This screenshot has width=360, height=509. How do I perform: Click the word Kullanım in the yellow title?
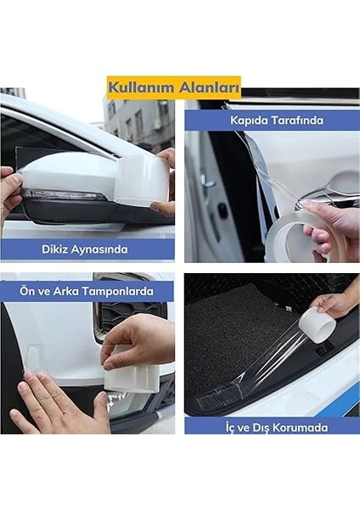pyautogui.click(x=141, y=87)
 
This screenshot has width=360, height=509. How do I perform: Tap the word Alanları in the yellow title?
pyautogui.click(x=209, y=87)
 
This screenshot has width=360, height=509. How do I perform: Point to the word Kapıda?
pyautogui.click(x=250, y=120)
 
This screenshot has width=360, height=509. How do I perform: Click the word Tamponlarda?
pyautogui.click(x=117, y=292)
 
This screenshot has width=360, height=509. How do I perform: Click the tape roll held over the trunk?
pyautogui.click(x=317, y=325)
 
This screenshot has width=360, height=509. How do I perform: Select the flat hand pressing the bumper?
pyautogui.click(x=55, y=402)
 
